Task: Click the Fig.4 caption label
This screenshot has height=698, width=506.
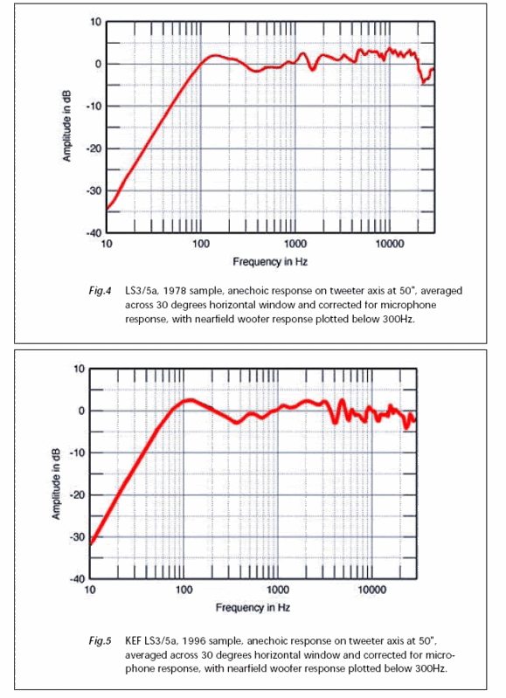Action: click(x=100, y=291)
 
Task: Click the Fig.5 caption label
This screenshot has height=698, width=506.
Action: click(x=100, y=641)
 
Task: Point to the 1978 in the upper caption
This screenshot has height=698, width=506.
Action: click(x=174, y=291)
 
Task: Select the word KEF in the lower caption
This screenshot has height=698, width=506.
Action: click(x=133, y=640)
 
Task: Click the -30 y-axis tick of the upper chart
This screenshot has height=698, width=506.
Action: click(x=94, y=190)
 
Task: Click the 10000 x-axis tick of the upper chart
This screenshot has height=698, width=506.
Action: click(x=389, y=244)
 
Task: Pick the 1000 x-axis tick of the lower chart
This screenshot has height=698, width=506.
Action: click(x=278, y=591)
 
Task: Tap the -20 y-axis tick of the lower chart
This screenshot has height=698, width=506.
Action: click(x=78, y=495)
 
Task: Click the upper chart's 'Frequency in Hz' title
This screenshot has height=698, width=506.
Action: click(x=270, y=262)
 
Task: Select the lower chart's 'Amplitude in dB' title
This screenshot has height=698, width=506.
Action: click(x=56, y=483)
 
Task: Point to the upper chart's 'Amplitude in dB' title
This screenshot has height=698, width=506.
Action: click(x=66, y=126)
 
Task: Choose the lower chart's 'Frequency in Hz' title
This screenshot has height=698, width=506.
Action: click(x=253, y=608)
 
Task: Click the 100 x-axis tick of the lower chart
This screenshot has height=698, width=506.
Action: click(x=184, y=591)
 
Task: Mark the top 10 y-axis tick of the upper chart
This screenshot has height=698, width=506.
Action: click(x=96, y=22)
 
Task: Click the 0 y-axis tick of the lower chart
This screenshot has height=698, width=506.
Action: click(x=81, y=411)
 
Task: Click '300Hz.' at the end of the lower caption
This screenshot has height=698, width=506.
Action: click(x=431, y=668)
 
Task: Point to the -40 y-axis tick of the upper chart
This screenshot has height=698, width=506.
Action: click(x=94, y=233)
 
